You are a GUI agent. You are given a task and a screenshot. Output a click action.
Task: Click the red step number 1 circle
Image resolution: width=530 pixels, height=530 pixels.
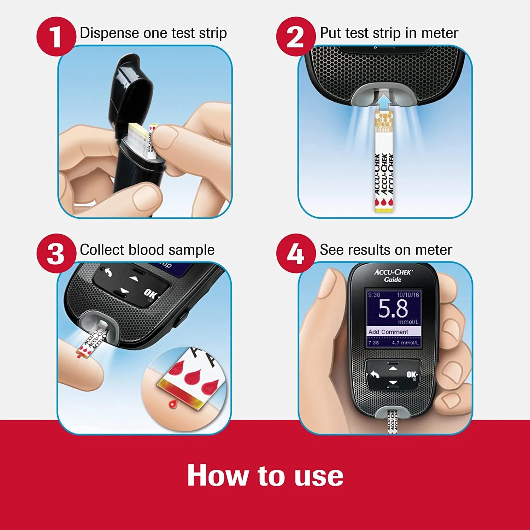(56, 37)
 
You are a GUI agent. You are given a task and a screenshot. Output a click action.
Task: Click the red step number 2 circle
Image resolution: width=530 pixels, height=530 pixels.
(295, 37)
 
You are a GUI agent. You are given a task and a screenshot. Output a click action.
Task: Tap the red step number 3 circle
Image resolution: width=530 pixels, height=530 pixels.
(56, 253)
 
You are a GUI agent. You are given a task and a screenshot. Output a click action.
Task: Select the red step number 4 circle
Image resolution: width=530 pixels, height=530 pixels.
(295, 253)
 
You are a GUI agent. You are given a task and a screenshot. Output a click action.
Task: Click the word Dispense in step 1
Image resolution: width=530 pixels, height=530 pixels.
(109, 33)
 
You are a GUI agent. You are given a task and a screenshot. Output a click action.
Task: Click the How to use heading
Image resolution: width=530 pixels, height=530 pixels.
(265, 476)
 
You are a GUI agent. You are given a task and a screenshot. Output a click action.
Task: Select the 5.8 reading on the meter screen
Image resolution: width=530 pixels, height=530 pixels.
(393, 308)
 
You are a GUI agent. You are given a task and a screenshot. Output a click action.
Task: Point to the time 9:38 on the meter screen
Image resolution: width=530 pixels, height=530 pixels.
(374, 295)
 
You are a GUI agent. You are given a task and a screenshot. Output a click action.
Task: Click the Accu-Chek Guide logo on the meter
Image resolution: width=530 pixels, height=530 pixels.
(393, 276)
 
